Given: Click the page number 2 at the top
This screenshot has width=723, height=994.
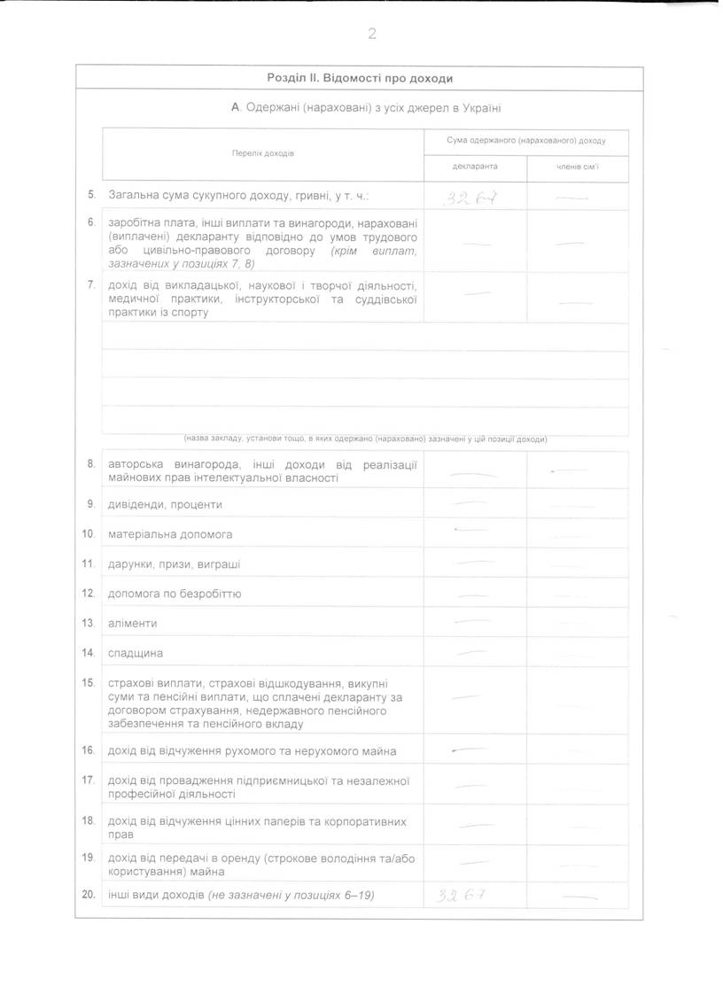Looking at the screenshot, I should point(372,35).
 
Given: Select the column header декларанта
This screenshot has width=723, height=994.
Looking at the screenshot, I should point(475,166).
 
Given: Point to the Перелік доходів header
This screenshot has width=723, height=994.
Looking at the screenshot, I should point(263,153).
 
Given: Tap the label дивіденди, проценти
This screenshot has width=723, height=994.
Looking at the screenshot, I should point(165,505).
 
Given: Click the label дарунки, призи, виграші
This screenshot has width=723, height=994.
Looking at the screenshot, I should point(174,564).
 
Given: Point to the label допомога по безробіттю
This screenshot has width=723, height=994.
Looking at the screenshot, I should point(175,594).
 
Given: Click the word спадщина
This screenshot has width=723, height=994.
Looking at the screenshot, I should point(135,654).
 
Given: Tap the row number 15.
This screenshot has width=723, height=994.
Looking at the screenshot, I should point(88,683).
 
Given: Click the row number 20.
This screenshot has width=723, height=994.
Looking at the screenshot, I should point(88,895).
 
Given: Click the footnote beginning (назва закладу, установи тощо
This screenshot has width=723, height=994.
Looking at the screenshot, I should point(365,439).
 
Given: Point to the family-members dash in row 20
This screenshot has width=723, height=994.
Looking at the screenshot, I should point(576,897).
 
